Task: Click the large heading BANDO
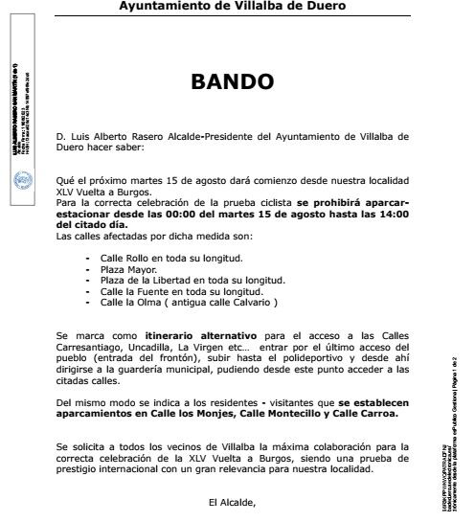[x=233, y=82]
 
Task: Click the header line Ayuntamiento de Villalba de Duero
[x=233, y=7]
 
